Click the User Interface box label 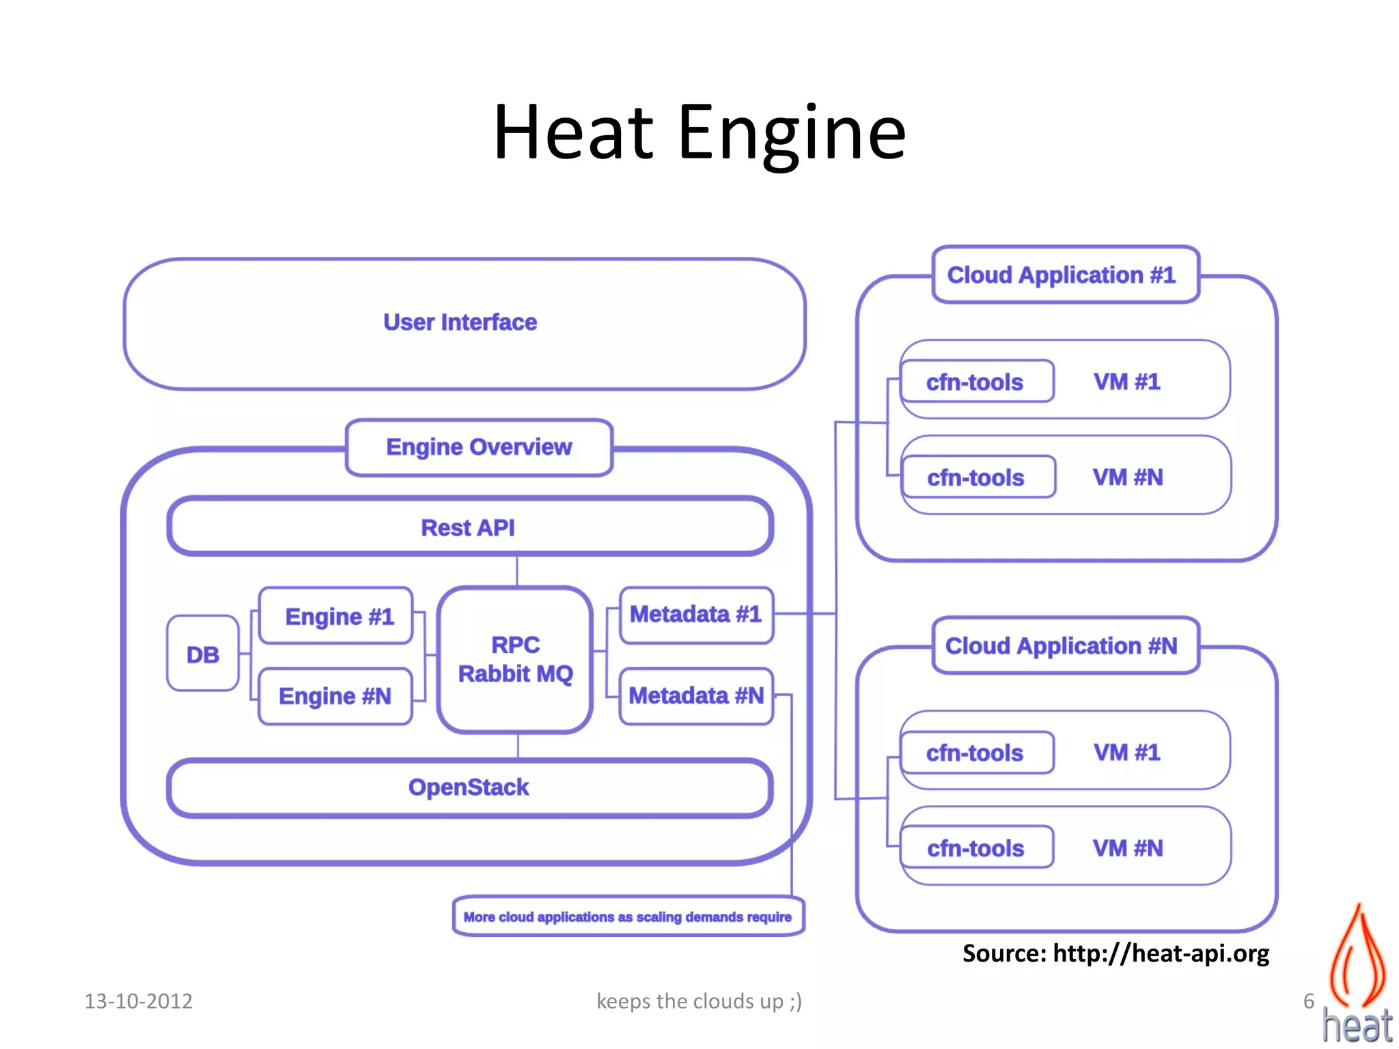click(460, 322)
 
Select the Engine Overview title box click(479, 447)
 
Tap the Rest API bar click(469, 527)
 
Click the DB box click(203, 654)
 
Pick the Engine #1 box click(337, 616)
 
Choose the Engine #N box click(335, 696)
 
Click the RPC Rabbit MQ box click(516, 659)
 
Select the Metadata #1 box click(695, 615)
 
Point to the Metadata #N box click(695, 696)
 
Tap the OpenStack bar click(469, 787)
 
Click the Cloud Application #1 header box click(1063, 275)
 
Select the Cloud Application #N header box click(1063, 646)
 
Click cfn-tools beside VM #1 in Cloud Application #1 click(975, 382)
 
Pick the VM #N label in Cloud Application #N click(1128, 848)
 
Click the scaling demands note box click(628, 917)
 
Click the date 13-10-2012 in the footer click(139, 1001)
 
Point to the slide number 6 click(1308, 1001)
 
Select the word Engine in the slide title click(791, 133)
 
